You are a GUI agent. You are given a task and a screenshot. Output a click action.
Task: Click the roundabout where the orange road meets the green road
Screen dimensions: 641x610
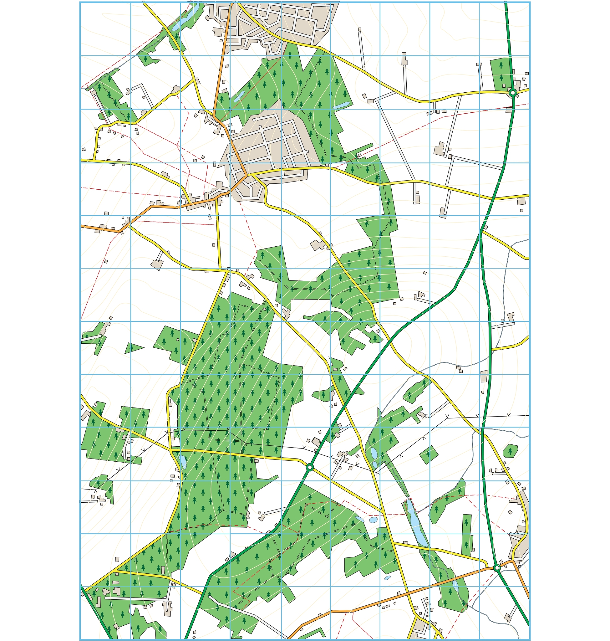[x=496, y=568]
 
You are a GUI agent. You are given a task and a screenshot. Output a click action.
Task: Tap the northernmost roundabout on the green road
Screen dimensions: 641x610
[x=513, y=93]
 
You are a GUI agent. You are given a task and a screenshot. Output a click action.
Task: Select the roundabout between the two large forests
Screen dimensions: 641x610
[x=310, y=468]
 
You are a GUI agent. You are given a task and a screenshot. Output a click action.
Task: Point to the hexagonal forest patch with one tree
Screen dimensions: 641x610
[x=510, y=451]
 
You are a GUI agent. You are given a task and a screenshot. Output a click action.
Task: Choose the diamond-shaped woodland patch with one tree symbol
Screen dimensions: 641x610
[x=429, y=454]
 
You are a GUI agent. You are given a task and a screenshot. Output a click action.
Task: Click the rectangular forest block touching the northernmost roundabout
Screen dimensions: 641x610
[x=501, y=74]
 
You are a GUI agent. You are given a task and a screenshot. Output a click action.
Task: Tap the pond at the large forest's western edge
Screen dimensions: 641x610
[x=182, y=461]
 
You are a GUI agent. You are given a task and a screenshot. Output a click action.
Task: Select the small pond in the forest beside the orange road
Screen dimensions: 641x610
[x=239, y=96]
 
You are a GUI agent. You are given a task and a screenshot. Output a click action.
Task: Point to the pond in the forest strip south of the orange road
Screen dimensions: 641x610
[x=455, y=586]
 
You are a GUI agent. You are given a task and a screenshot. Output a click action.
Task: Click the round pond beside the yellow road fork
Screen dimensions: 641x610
[x=373, y=520]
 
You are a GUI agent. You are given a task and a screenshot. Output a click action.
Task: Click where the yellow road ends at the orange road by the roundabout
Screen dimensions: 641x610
[x=487, y=565]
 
